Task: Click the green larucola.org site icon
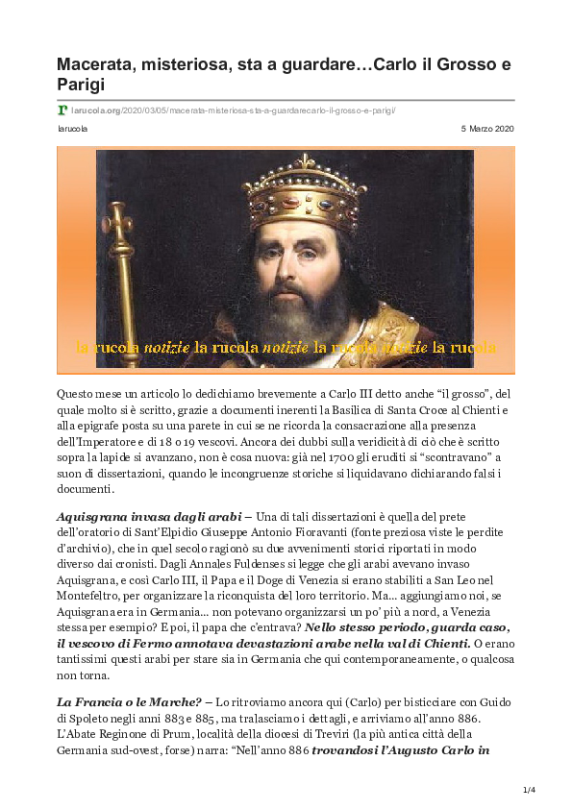click(x=62, y=110)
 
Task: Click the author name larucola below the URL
click(x=72, y=128)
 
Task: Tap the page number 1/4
click(x=527, y=790)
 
